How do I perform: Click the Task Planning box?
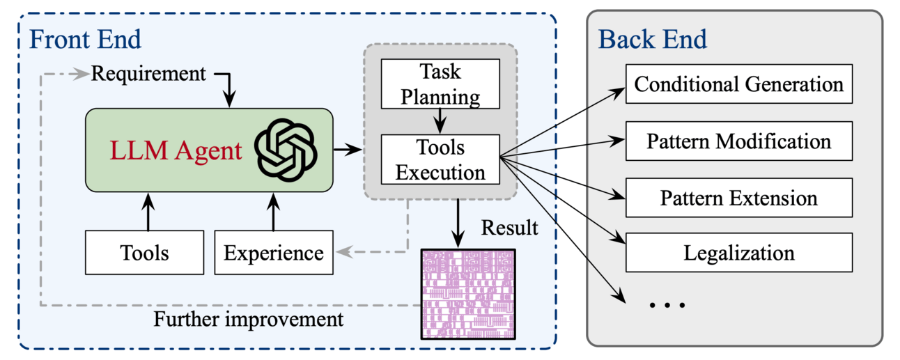[x=440, y=84]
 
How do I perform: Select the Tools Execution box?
[x=440, y=159]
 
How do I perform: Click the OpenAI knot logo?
[x=286, y=150]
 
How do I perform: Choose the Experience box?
[x=273, y=253]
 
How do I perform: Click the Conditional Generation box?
[x=738, y=84]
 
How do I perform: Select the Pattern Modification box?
[x=738, y=141]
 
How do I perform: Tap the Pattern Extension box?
[x=738, y=198]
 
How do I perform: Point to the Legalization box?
[x=738, y=252]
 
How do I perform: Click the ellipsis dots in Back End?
[x=667, y=304]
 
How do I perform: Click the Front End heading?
[x=85, y=39]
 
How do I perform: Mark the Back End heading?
[x=653, y=39]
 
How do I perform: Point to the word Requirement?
[x=148, y=72]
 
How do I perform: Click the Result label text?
[x=510, y=228]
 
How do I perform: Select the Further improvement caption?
[x=249, y=320]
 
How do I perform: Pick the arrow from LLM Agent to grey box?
[x=348, y=149]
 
